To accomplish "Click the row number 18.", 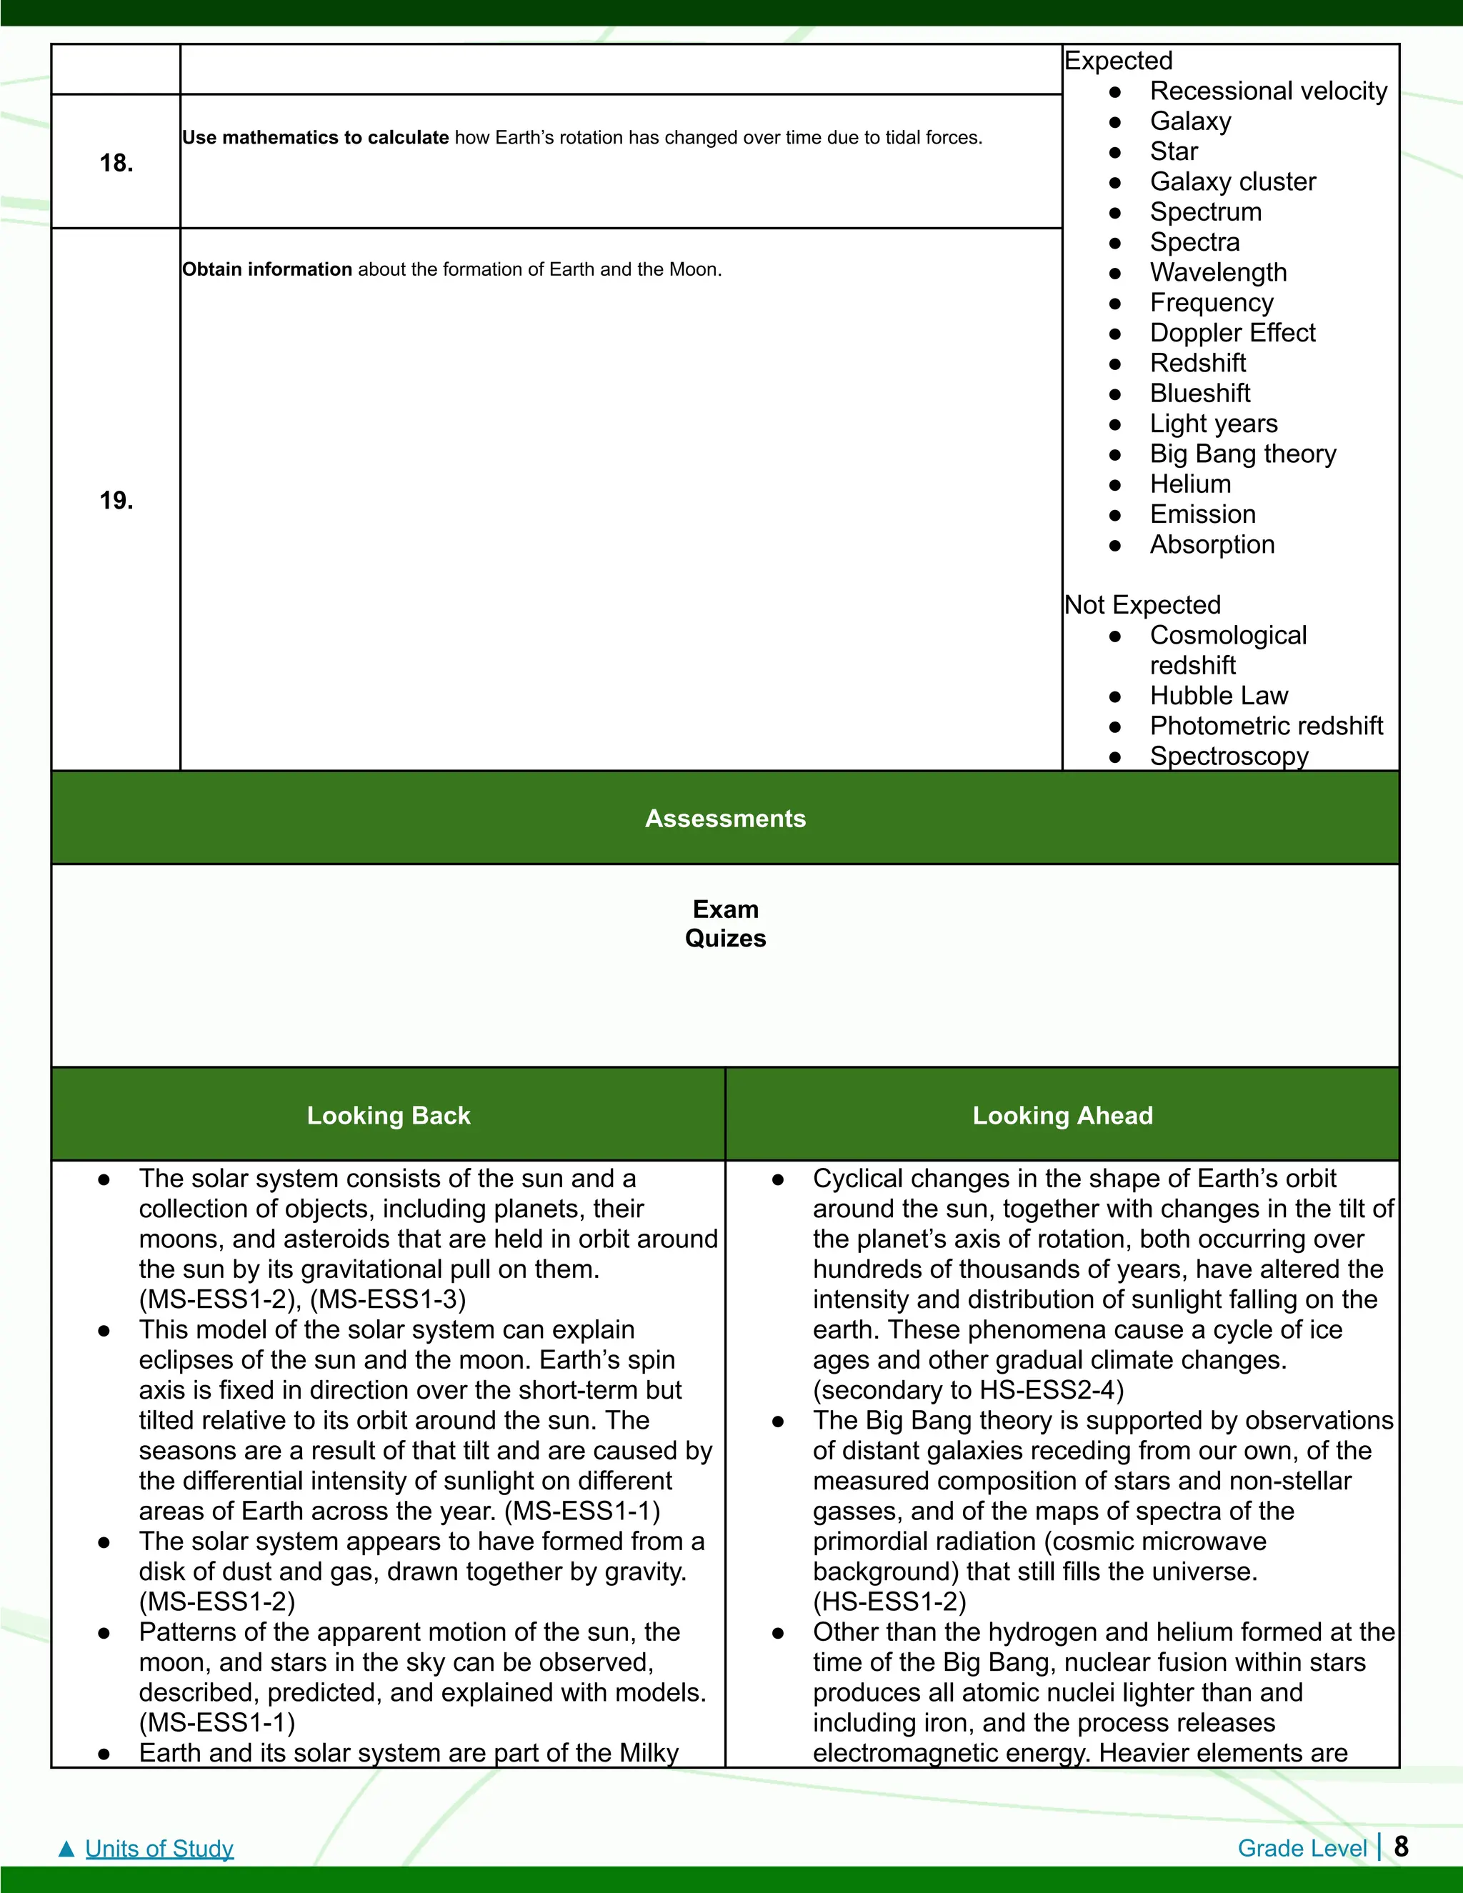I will pyautogui.click(x=116, y=163).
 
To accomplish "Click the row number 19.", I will pyautogui.click(x=116, y=500).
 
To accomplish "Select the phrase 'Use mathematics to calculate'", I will pyautogui.click(x=316, y=138).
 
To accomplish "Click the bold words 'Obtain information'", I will pyautogui.click(x=267, y=269).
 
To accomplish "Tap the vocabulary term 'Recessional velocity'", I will pyautogui.click(x=1268, y=91).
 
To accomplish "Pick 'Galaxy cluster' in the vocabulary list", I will pyautogui.click(x=1232, y=182).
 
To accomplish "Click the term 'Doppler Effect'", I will pyautogui.click(x=1232, y=333).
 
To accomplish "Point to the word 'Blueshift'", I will pyautogui.click(x=1199, y=394).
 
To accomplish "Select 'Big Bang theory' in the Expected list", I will pyautogui.click(x=1242, y=454).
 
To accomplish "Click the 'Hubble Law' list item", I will pyautogui.click(x=1219, y=696).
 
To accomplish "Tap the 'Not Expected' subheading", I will pyautogui.click(x=1142, y=605).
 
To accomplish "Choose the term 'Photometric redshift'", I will pyautogui.click(x=1265, y=726).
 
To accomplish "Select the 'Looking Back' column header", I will pyautogui.click(x=389, y=1116).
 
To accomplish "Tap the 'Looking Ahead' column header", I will pyautogui.click(x=1062, y=1116).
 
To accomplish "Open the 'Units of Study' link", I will pyautogui.click(x=159, y=1849).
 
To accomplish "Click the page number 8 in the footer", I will pyautogui.click(x=1401, y=1847).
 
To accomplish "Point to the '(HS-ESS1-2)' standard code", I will pyautogui.click(x=889, y=1602).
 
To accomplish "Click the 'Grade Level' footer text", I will pyautogui.click(x=1302, y=1849).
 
